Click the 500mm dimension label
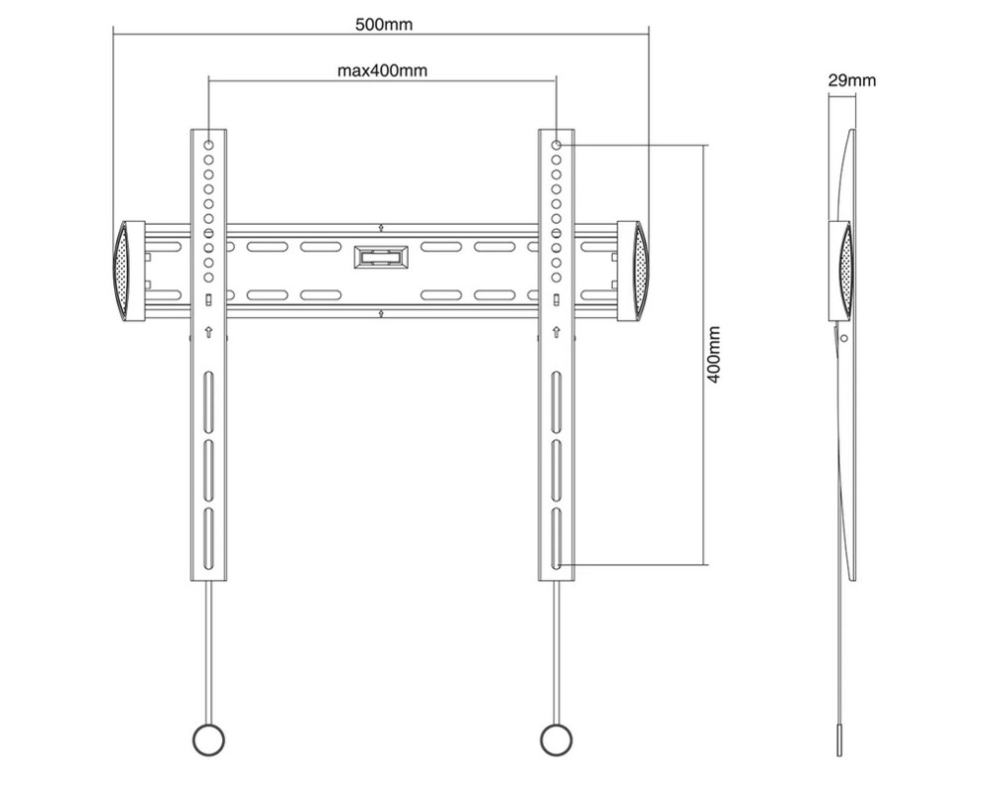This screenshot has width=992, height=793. point(384,25)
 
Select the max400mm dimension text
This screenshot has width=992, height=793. point(383,70)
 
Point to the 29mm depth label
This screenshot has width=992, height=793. point(852,81)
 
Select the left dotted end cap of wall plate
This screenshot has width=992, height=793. point(123,272)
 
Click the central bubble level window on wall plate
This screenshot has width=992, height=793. point(380,257)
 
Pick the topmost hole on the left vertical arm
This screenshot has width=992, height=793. point(209,145)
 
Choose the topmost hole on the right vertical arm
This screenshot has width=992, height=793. point(557,145)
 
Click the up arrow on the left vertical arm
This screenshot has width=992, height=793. point(209,331)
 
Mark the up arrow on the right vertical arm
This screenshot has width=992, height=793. point(557,331)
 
